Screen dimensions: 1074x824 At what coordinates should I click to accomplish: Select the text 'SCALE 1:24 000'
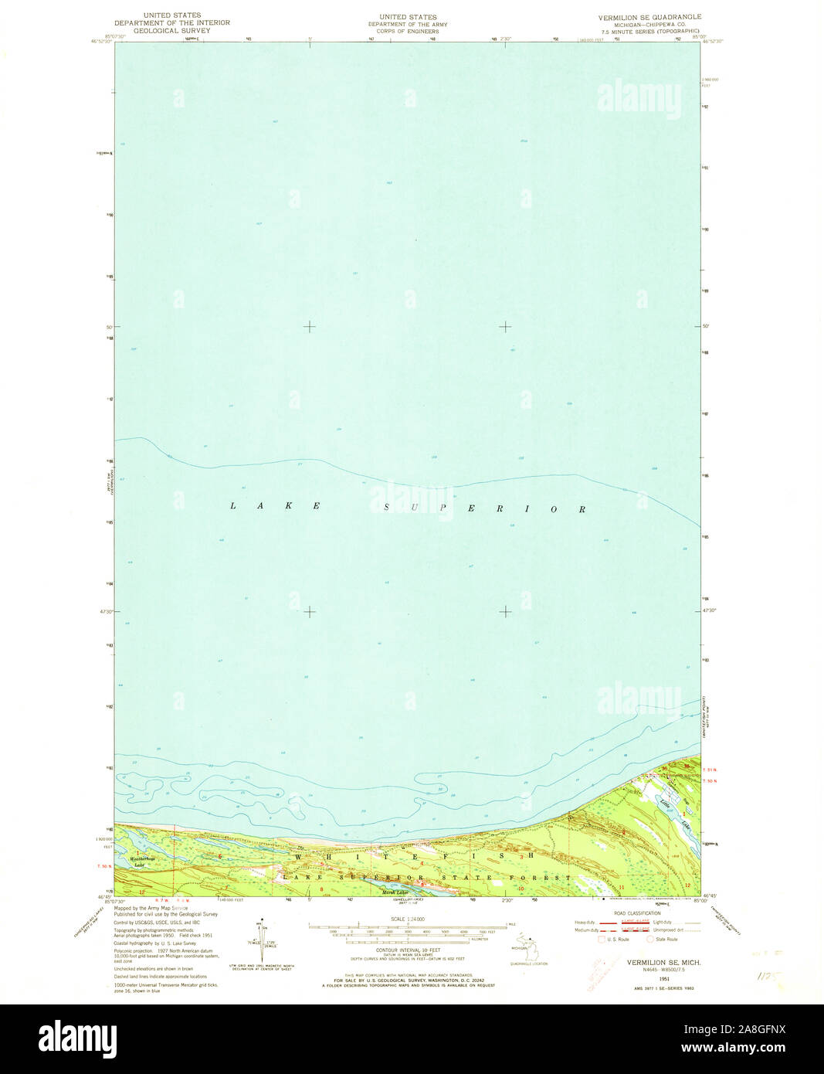point(408,919)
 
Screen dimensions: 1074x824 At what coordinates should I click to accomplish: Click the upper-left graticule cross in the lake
point(309,327)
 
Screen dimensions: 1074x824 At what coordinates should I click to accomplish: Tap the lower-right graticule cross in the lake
point(504,611)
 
